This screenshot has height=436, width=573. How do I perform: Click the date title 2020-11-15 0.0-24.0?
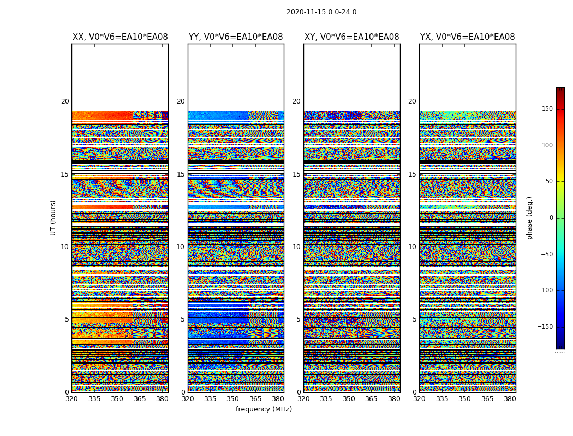(321, 12)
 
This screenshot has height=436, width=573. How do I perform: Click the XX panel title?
(120, 37)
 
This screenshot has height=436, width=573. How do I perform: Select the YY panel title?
(236, 37)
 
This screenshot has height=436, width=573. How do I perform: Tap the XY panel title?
(351, 37)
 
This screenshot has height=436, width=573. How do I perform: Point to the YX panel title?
(467, 37)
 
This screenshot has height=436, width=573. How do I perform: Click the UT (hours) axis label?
(53, 217)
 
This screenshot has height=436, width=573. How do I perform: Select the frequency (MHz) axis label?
(264, 409)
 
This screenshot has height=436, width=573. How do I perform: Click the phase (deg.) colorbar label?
(529, 218)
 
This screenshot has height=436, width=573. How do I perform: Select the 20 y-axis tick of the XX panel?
(65, 101)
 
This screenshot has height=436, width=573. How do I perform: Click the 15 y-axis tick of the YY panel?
(181, 174)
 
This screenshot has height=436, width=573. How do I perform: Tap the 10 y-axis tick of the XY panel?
(296, 247)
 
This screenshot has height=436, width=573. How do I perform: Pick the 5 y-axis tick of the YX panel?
(414, 319)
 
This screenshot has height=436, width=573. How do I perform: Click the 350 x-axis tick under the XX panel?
(117, 399)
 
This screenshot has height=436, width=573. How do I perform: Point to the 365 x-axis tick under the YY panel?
(255, 399)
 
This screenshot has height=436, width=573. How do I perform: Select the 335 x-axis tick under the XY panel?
(326, 399)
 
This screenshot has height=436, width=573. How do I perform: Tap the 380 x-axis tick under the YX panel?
(510, 399)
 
